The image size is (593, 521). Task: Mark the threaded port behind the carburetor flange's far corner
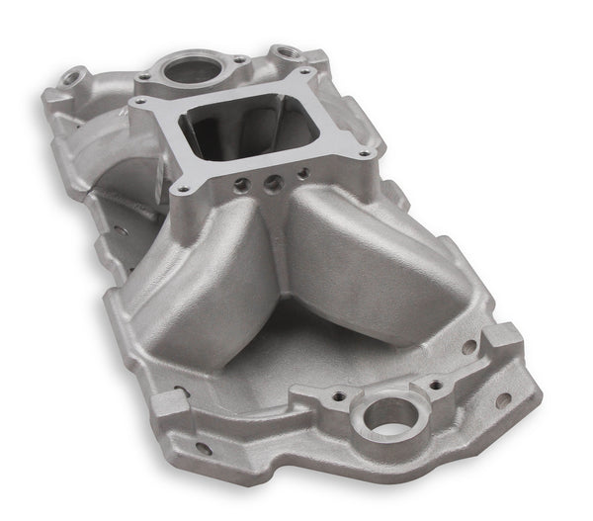click(288, 49)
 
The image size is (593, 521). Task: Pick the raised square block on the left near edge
click(169, 402)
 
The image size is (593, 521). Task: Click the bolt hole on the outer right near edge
click(503, 401)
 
